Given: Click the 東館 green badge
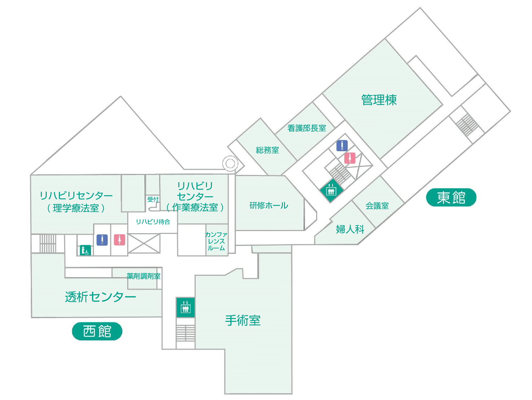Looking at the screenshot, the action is pos(451,197).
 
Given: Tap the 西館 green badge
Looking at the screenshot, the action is pos(97,331).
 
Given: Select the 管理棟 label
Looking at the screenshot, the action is pos(379,100).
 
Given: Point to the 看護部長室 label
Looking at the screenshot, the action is pos(307,128).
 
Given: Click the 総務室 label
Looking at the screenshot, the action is pos(267,150).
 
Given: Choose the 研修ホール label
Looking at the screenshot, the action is pos(269,206).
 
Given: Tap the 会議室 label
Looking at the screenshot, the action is pos(377,206).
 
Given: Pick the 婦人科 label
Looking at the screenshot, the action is pos(350,229).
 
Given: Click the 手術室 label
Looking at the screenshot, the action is pos(243,320).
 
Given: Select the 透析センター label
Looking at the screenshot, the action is pos(100,297).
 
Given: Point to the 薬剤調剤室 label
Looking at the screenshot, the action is pos(144,276).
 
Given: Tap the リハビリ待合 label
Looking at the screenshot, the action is pos(153,221).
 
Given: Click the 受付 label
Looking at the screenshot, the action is pos(153,199).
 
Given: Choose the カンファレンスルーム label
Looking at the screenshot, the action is pos(216,241).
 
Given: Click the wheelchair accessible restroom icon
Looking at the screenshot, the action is pos(85,250).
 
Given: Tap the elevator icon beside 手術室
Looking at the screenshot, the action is pos(185,307).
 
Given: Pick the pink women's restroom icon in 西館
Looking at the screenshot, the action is pos(119,240).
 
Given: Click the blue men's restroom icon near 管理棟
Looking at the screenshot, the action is pos(342,146).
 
